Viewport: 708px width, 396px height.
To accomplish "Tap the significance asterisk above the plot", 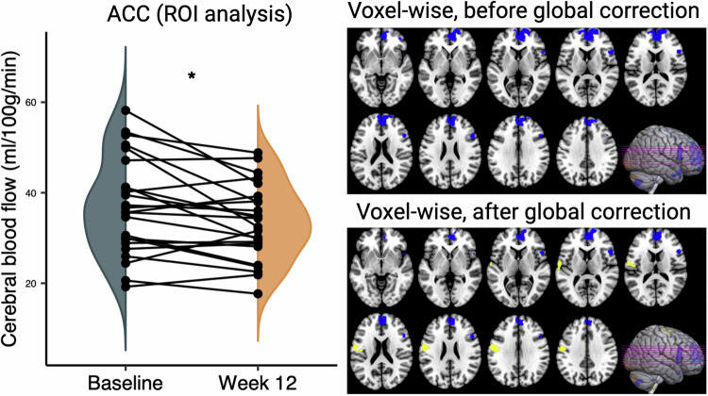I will tap(192, 75).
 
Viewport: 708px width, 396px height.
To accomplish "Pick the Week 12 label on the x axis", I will tap(258, 382).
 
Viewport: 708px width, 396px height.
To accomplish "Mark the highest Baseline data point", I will tap(126, 111).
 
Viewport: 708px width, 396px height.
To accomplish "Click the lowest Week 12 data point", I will tap(258, 293).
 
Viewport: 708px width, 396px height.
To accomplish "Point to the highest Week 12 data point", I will tap(258, 153).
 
